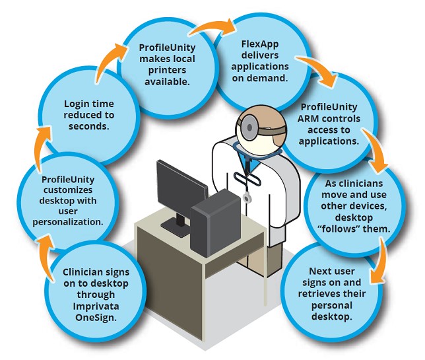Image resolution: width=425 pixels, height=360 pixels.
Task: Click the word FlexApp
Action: pyautogui.click(x=260, y=44)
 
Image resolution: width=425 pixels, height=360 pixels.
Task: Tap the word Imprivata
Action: pyautogui.click(x=96, y=306)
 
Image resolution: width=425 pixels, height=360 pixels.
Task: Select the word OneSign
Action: pyautogui.click(x=96, y=318)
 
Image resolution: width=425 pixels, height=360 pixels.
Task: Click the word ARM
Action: pyautogui.click(x=308, y=119)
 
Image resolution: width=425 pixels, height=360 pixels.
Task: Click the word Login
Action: pyautogui.click(x=75, y=104)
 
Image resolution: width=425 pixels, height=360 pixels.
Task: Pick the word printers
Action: pyautogui.click(x=167, y=71)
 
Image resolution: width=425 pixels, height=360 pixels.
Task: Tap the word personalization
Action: pyautogui.click(x=68, y=222)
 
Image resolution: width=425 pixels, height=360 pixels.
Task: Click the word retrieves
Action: pyautogui.click(x=315, y=294)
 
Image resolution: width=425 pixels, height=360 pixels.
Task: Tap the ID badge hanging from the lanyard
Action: pyautogui.click(x=247, y=198)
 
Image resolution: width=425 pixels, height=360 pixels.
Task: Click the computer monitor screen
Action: pyautogui.click(x=181, y=187)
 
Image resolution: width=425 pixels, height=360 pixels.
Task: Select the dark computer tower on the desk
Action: pyautogui.click(x=216, y=223)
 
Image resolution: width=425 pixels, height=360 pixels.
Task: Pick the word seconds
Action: pyautogui.click(x=88, y=126)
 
